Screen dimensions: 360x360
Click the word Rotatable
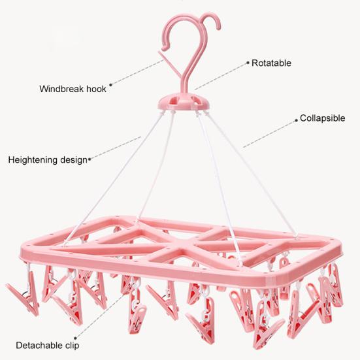coord(271,63)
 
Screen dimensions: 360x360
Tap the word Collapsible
coord(322,118)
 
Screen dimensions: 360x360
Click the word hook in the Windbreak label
coord(96,89)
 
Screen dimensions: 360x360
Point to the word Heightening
coord(33,160)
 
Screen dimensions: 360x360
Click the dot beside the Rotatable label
coord(248,62)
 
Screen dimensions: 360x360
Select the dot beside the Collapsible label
coord(296,120)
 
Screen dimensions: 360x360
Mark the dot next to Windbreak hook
coord(110,85)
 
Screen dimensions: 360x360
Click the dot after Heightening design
coord(90,159)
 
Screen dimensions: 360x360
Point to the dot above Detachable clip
coord(75,338)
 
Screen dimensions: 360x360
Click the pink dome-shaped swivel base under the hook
coord(184,102)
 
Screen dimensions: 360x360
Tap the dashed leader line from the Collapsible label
coord(269,134)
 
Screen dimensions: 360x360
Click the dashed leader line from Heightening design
coord(116,148)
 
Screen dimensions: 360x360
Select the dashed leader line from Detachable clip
coord(100,314)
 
